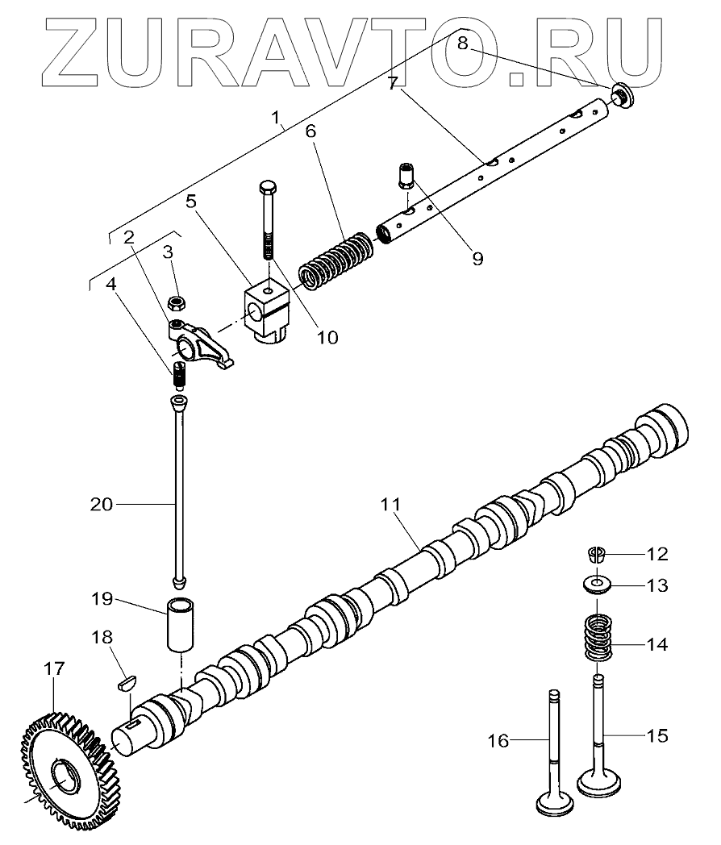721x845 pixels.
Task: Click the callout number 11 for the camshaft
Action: coord(391,506)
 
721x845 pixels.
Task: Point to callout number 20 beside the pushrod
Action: coord(102,504)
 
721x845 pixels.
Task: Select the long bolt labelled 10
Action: coord(267,218)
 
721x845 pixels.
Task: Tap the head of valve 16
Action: coord(555,803)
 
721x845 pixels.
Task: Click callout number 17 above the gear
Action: coord(54,669)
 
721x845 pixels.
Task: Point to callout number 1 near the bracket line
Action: coord(277,119)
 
